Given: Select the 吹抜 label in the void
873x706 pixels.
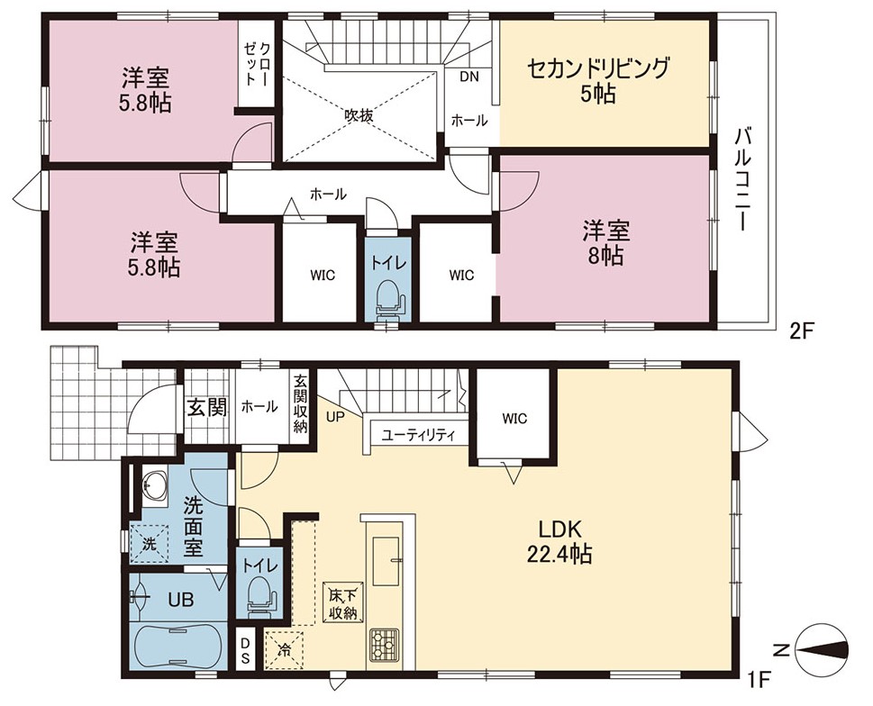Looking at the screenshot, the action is (x=358, y=116).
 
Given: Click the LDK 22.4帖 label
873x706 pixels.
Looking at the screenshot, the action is (x=559, y=541).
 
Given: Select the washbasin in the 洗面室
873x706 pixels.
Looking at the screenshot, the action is (x=154, y=484).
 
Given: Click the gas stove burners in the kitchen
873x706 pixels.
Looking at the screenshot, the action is (x=385, y=644).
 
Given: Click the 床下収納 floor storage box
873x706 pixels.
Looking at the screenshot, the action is (x=343, y=602).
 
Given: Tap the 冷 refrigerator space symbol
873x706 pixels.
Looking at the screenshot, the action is (x=284, y=648).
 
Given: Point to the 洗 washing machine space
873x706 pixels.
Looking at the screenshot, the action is (x=149, y=544).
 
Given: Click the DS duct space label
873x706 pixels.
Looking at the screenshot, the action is (x=245, y=650).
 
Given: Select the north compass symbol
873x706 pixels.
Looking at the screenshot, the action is (x=823, y=650).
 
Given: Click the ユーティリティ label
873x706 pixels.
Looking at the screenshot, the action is (x=418, y=435).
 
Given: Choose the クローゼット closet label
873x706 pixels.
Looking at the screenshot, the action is (x=257, y=63).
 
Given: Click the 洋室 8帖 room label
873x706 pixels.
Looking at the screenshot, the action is (x=605, y=242).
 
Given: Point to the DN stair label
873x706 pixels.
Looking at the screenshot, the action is (x=469, y=77).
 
